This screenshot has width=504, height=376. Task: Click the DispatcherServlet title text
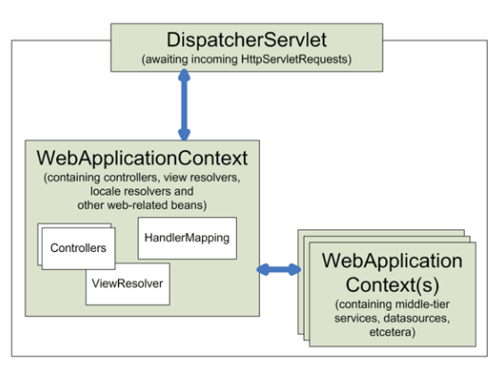tap(247, 40)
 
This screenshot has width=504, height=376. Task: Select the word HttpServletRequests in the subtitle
tap(294, 60)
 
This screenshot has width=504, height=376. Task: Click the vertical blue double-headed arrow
tap(184, 105)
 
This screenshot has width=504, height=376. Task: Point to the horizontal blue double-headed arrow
tap(279, 270)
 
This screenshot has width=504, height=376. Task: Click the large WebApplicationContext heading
tap(142, 158)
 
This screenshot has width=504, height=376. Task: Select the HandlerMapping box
tap(187, 238)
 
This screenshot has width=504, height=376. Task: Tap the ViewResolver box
tap(128, 284)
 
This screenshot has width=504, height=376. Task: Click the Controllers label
tap(78, 247)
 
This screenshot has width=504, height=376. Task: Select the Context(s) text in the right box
tap(392, 285)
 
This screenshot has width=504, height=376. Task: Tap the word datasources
tap(416, 319)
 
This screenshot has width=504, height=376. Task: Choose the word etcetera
tap(391, 332)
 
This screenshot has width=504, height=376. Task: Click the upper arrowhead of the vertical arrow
tap(184, 74)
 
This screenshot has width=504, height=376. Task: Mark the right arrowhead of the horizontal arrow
tap(295, 270)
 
